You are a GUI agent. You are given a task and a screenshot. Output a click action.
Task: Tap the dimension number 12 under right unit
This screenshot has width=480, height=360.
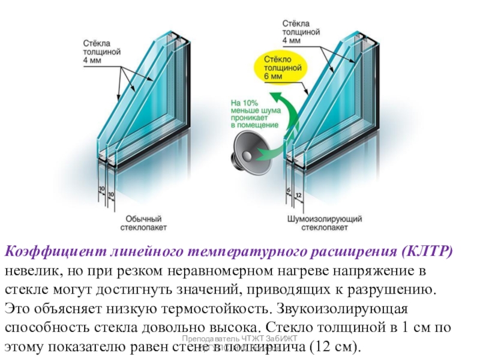298,196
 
